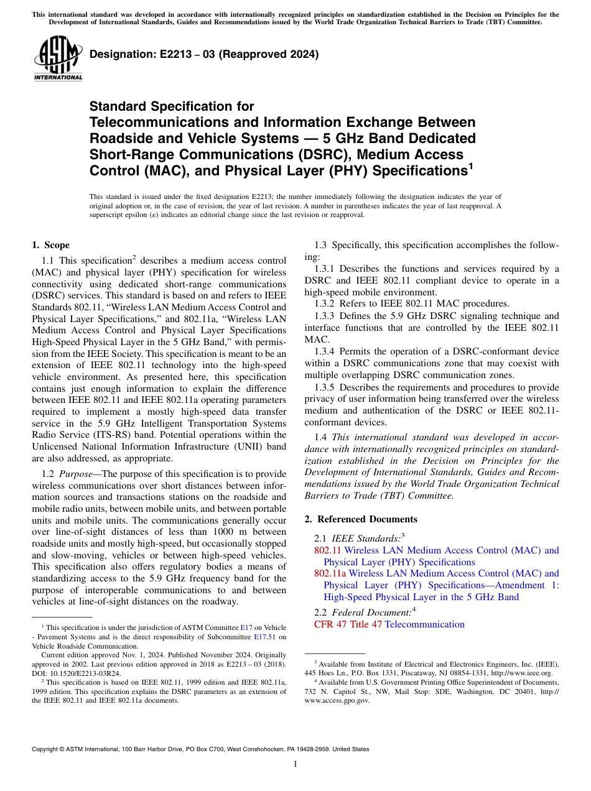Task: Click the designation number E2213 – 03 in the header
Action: pos(161,54)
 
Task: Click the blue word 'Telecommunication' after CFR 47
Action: pos(425,624)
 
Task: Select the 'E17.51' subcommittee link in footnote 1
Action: pos(265,637)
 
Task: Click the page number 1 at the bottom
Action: pos(295,764)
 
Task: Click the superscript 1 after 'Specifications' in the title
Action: pos(470,165)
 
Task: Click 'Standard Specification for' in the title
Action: pos(172,106)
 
